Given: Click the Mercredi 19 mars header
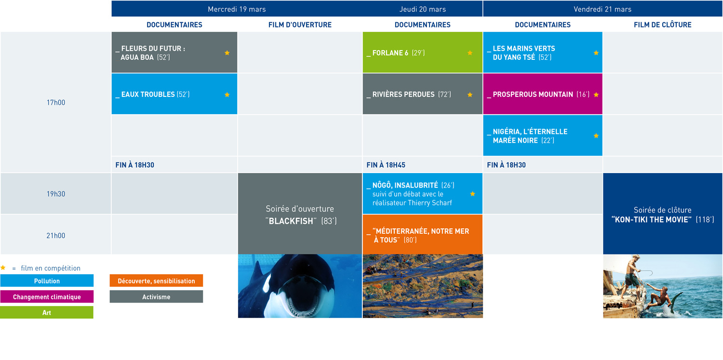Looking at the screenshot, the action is (237, 9).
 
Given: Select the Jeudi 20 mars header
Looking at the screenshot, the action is (423, 9).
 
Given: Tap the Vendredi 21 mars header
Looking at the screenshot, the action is (602, 9).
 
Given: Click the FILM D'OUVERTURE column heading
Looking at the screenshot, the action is (300, 25).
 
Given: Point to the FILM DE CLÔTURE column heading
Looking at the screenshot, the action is (662, 25).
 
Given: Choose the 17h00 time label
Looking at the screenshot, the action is (56, 103).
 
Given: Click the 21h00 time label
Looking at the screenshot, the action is (56, 236).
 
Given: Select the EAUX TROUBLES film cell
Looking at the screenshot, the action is (174, 94).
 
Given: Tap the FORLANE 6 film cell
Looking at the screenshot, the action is (423, 52).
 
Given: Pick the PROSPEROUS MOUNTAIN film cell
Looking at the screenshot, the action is (543, 94).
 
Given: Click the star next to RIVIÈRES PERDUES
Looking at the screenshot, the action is (470, 94).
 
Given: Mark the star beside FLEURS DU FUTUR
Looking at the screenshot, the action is (227, 53).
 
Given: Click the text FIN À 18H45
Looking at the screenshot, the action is (386, 165).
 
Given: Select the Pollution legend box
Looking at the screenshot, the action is (47, 280).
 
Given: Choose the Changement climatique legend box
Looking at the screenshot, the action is (47, 296).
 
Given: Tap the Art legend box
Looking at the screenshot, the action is (47, 312).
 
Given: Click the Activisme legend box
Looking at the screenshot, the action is (156, 296).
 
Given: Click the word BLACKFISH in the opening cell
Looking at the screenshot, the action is (291, 221).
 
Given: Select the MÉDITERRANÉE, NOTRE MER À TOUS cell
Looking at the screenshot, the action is (423, 235).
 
